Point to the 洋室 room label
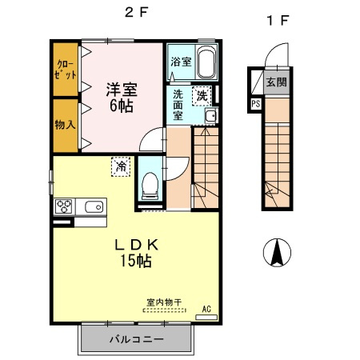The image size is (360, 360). [x=122, y=89]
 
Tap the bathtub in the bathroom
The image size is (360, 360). [x=206, y=63]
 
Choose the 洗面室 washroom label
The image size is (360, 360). [x=179, y=104]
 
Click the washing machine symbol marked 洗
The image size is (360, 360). [x=203, y=94]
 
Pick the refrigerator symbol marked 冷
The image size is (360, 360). [x=120, y=168]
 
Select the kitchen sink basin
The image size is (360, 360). [x=92, y=206]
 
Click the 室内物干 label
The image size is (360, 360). [x=164, y=303]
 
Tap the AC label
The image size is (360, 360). [x=206, y=308]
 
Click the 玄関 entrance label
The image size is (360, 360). [x=277, y=81]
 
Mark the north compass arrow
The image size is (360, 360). [x=277, y=254]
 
